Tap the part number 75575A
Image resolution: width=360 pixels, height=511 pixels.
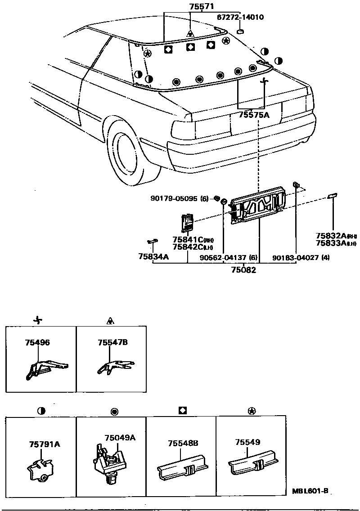(x=254, y=115)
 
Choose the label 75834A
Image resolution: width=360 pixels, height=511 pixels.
(x=153, y=256)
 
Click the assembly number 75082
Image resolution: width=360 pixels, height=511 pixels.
(x=243, y=270)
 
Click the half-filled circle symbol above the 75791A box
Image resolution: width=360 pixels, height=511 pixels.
(x=41, y=411)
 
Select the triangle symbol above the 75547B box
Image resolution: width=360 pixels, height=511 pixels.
(x=110, y=321)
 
